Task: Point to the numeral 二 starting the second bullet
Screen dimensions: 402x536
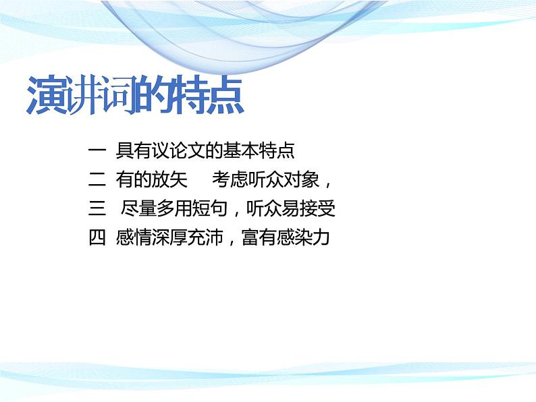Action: pos(95,180)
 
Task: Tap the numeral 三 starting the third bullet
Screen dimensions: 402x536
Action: pos(95,209)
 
